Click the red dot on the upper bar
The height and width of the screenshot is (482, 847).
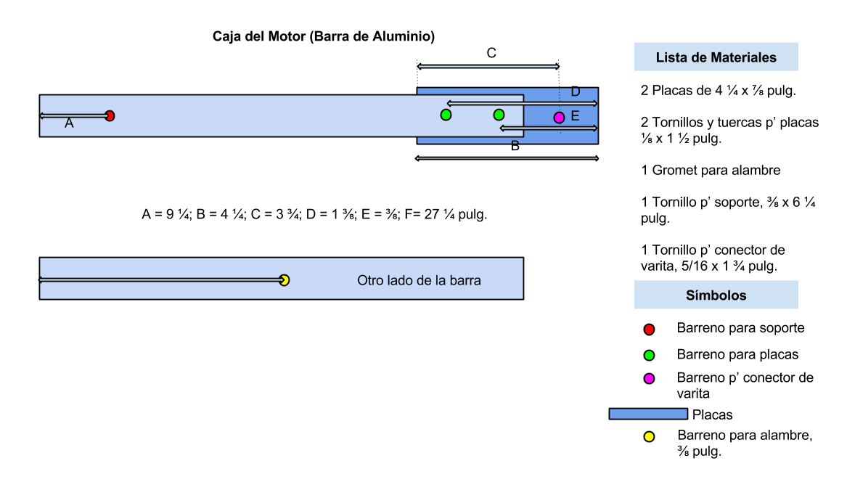[110, 115]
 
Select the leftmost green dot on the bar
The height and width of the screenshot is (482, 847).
[446, 115]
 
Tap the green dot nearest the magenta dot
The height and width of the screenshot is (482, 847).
[499, 115]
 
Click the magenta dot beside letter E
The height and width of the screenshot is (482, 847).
[559, 118]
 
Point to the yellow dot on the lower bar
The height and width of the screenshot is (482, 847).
[285, 280]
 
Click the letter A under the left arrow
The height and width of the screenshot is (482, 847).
[69, 123]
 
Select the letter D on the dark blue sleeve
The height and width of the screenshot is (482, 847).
[576, 92]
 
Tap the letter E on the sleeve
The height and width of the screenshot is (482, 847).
[575, 116]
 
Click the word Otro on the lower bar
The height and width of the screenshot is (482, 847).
[371, 280]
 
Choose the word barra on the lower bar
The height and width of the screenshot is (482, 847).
[465, 280]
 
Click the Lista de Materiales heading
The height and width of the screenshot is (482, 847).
[716, 57]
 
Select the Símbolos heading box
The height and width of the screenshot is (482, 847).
[716, 295]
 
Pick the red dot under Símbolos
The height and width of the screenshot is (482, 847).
[649, 330]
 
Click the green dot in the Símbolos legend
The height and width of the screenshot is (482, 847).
[649, 356]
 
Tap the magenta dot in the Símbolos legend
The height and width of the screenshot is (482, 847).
[649, 379]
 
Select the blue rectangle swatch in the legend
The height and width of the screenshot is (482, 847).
[648, 414]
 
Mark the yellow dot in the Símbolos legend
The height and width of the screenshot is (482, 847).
[649, 437]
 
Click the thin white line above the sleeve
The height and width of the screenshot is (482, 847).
[488, 67]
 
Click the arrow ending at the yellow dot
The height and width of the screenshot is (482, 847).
[160, 279]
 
